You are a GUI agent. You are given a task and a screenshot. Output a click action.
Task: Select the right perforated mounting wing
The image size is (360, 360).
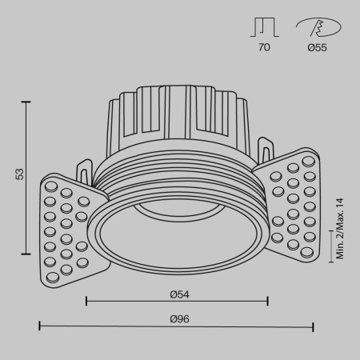click(294, 205)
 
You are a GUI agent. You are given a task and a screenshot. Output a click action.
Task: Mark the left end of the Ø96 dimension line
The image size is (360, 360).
click(40, 326)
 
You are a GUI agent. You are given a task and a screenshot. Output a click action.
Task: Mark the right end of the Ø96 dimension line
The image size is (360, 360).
click(313, 326)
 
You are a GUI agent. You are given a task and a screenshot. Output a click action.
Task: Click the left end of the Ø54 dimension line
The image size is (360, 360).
click(86, 302)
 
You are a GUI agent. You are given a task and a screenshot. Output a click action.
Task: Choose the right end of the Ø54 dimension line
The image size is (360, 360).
click(267, 302)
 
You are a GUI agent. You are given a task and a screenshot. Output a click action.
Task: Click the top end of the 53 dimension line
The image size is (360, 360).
click(28, 102)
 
